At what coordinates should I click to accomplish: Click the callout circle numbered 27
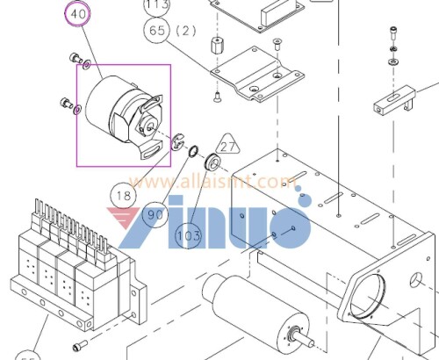[229, 148]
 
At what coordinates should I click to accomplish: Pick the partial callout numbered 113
[157, 4]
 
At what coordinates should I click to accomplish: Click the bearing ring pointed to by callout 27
[212, 163]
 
